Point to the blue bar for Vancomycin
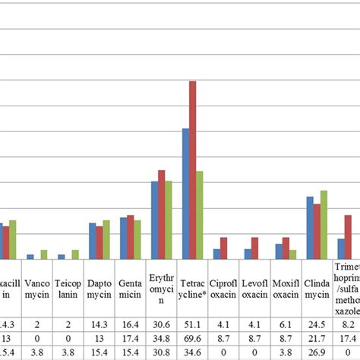(30, 257)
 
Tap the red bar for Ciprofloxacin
(223, 248)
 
